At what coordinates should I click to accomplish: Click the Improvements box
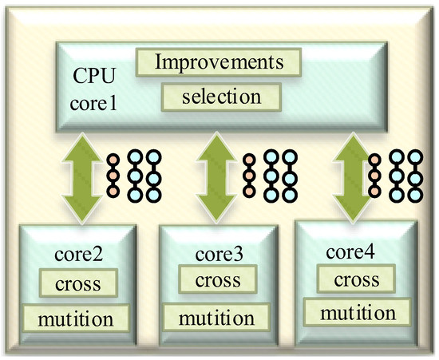(x=219, y=61)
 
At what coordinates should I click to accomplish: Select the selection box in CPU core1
(x=222, y=97)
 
